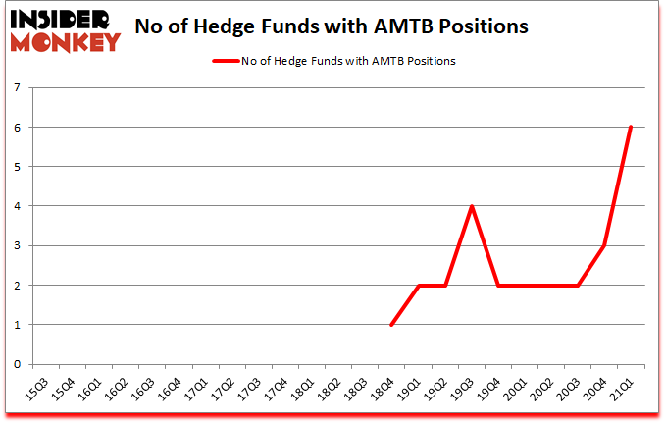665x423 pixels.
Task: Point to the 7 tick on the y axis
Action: pos(18,87)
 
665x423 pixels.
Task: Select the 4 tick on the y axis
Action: pos(18,206)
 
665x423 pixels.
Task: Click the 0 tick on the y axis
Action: pos(18,364)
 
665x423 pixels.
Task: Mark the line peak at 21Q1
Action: pos(631,127)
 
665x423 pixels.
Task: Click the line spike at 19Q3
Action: pos(471,206)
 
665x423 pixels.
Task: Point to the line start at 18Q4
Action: pos(391,325)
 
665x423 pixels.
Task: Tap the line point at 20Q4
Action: pos(604,245)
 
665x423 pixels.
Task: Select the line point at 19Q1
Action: pos(418,285)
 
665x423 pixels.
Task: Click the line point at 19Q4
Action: pos(498,285)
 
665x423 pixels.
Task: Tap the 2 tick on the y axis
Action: pos(18,285)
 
